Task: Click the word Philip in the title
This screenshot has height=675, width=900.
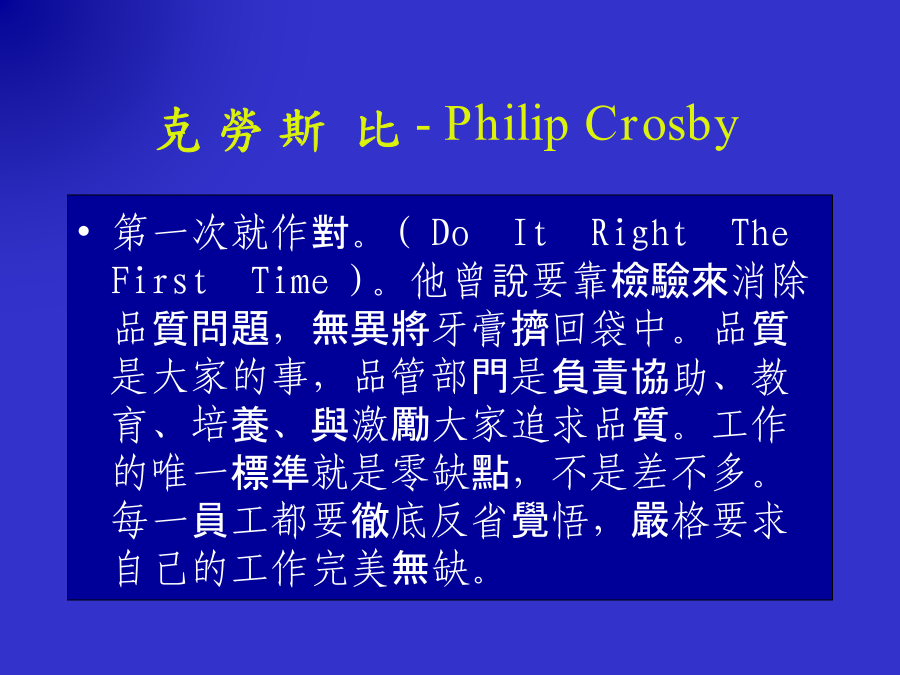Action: pyautogui.click(x=506, y=124)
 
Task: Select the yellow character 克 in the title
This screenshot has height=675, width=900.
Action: pyautogui.click(x=179, y=130)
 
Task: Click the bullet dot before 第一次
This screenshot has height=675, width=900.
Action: pyautogui.click(x=84, y=232)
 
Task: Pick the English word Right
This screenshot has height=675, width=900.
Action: pyautogui.click(x=638, y=233)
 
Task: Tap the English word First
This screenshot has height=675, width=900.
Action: pyautogui.click(x=159, y=281)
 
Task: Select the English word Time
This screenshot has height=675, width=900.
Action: pyautogui.click(x=290, y=281)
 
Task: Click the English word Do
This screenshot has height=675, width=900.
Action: pyautogui.click(x=450, y=233)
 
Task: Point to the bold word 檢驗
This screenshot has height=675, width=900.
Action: pyautogui.click(x=650, y=281)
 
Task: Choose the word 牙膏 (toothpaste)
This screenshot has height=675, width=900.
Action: pyautogui.click(x=471, y=329)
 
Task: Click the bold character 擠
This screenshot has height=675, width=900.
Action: pyautogui.click(x=530, y=329)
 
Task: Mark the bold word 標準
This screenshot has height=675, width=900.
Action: pyautogui.click(x=270, y=474)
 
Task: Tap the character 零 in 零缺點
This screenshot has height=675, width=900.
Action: pyautogui.click(x=410, y=474)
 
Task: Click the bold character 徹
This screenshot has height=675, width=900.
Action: pyautogui.click(x=370, y=521)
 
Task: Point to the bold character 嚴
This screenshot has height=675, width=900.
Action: pyautogui.click(x=650, y=521)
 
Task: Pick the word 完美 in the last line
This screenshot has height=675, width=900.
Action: pyautogui.click(x=350, y=569)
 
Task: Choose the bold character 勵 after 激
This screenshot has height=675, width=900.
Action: pyautogui.click(x=410, y=425)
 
